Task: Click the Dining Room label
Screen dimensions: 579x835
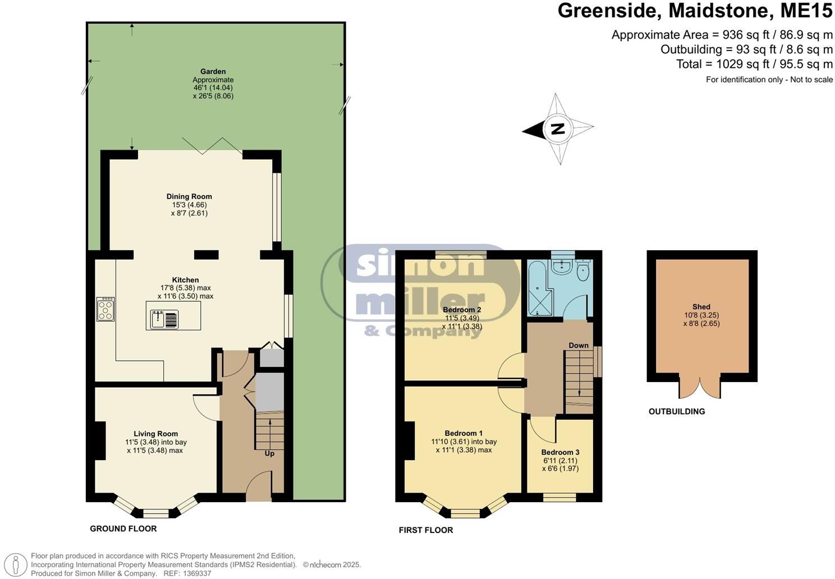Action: click(x=189, y=196)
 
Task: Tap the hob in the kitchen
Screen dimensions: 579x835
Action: click(x=105, y=309)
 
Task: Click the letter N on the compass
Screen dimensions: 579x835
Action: click(x=557, y=129)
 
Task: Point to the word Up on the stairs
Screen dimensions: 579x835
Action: click(x=269, y=453)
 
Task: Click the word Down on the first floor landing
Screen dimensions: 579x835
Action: click(x=578, y=345)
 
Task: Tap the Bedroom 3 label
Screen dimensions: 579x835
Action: click(x=560, y=452)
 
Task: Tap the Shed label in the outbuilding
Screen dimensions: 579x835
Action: click(x=701, y=307)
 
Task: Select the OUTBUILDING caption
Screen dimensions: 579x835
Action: click(x=676, y=411)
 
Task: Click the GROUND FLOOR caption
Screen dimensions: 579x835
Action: click(x=123, y=529)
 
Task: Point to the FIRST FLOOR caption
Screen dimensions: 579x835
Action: click(x=425, y=530)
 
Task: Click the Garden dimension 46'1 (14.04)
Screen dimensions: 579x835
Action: click(x=213, y=88)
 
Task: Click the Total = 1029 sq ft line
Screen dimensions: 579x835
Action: click(x=754, y=64)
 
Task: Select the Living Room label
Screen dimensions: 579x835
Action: click(x=155, y=434)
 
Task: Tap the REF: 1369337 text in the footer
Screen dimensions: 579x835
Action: click(x=187, y=573)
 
